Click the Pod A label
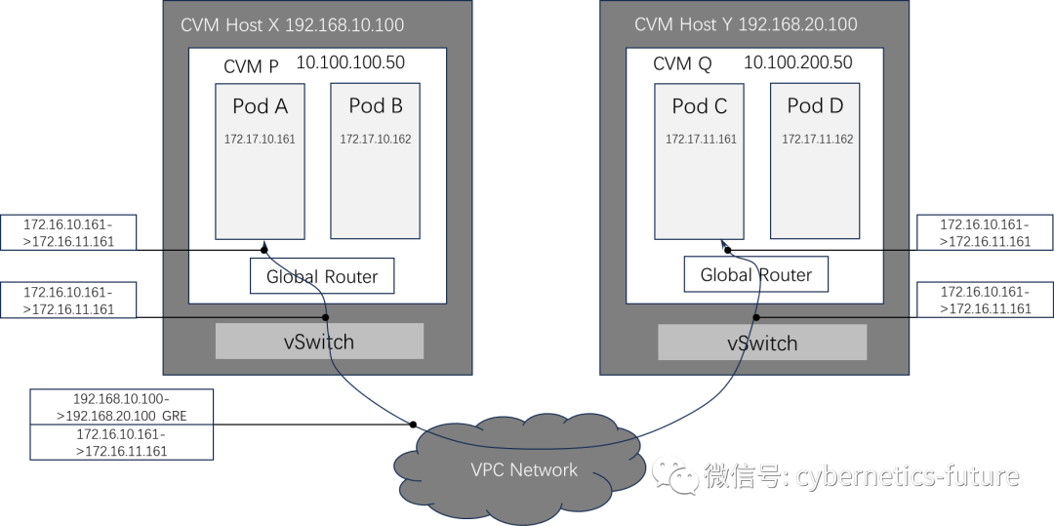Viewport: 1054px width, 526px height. tap(260, 106)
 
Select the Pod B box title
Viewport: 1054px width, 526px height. tap(376, 106)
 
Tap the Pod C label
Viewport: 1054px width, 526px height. tap(700, 106)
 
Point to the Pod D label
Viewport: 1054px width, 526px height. tap(815, 106)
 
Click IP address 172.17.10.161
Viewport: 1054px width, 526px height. tap(260, 140)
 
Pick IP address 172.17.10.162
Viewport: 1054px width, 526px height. tap(376, 140)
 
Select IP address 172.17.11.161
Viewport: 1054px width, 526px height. tap(701, 140)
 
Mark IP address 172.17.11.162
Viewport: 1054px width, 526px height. tap(817, 140)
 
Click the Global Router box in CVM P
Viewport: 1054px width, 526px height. tap(322, 276)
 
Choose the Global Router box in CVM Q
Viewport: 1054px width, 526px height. tap(755, 275)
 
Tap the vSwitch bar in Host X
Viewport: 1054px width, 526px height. tap(319, 342)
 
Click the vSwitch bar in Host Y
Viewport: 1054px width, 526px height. tap(762, 343)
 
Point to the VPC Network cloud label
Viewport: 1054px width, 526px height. tap(524, 470)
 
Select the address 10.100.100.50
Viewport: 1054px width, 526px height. tap(350, 63)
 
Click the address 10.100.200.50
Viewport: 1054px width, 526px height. tap(797, 63)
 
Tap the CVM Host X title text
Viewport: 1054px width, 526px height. tap(292, 24)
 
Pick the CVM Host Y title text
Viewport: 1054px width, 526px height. tap(747, 24)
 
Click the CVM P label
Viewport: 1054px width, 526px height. tap(251, 66)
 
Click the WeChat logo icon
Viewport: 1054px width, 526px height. tap(675, 475)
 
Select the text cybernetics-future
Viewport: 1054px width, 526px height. tap(907, 476)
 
